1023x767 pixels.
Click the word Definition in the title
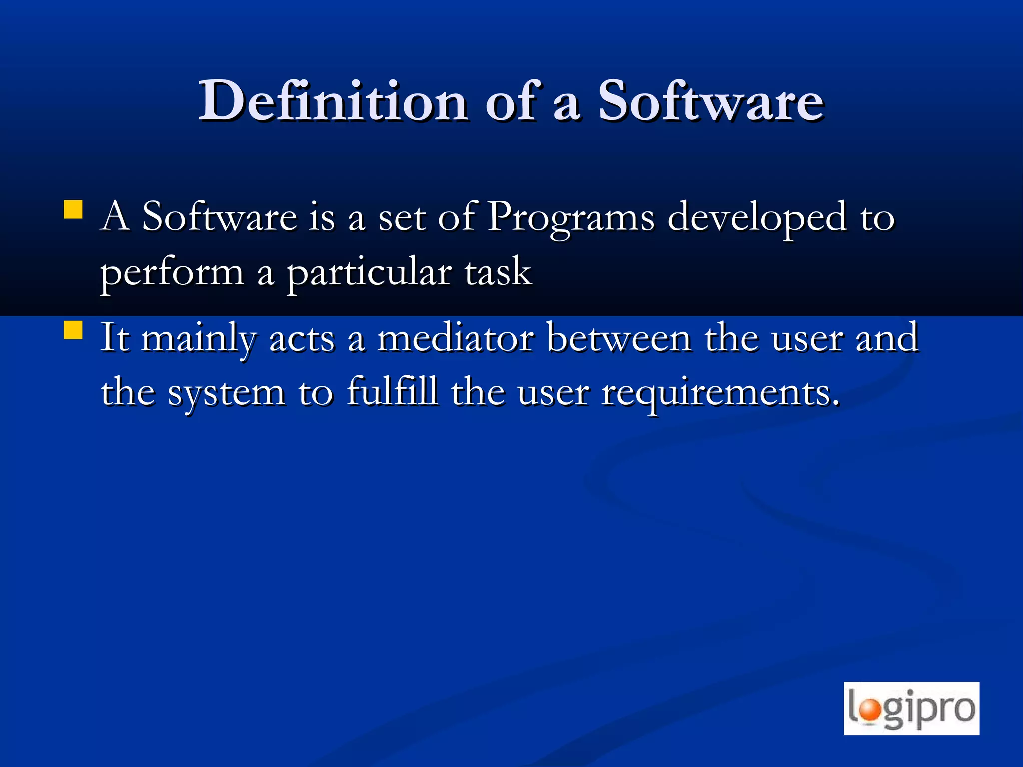(x=333, y=101)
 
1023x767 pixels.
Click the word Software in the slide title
(x=710, y=101)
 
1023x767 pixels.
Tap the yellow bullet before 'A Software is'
(x=73, y=210)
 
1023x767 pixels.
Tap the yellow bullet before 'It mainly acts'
(x=73, y=330)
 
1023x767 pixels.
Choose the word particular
(x=369, y=273)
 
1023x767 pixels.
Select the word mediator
(x=455, y=339)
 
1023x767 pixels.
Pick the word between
(x=619, y=339)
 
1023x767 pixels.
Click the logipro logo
(x=911, y=708)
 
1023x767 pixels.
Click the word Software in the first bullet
(x=219, y=217)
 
